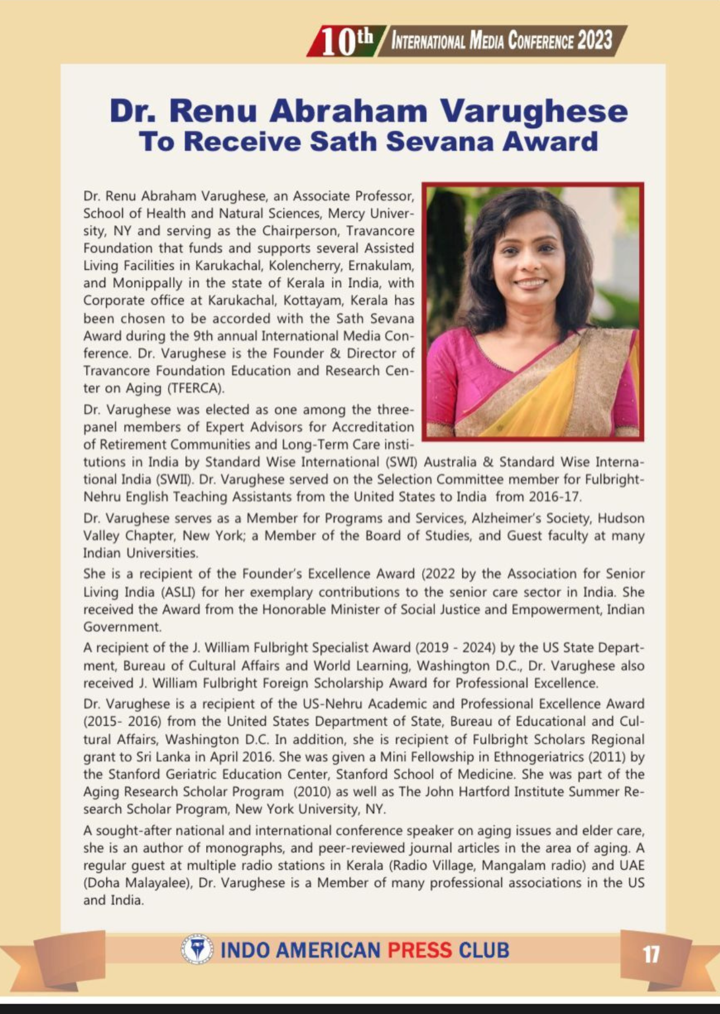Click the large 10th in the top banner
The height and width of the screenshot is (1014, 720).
(347, 42)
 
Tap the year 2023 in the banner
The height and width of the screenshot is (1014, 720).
(595, 41)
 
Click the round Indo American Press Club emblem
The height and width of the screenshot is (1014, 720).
(197, 950)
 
